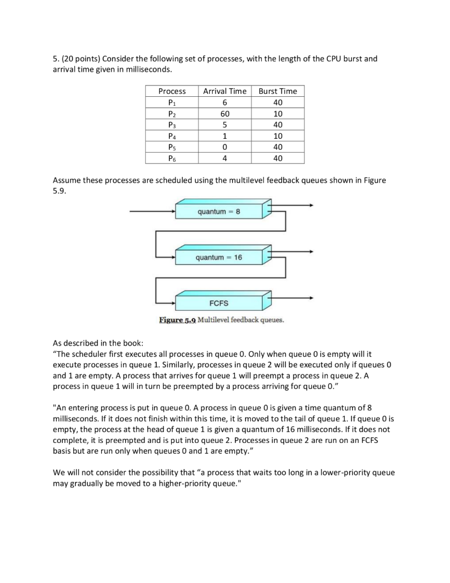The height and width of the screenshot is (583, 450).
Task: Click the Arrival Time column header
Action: [225, 91]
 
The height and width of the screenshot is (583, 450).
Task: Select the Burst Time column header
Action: [278, 91]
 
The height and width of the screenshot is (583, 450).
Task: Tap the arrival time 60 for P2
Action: [225, 114]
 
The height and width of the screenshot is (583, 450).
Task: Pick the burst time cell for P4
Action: [278, 136]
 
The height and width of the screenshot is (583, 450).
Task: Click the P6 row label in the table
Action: [172, 158]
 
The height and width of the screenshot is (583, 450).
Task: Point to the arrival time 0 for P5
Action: [225, 147]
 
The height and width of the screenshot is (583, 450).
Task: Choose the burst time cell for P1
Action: [278, 102]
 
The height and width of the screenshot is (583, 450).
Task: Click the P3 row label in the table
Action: [172, 125]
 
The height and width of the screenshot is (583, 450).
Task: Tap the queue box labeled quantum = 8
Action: [219, 212]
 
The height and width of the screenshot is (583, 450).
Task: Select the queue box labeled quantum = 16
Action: [219, 257]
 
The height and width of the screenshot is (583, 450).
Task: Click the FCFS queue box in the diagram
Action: [219, 302]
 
